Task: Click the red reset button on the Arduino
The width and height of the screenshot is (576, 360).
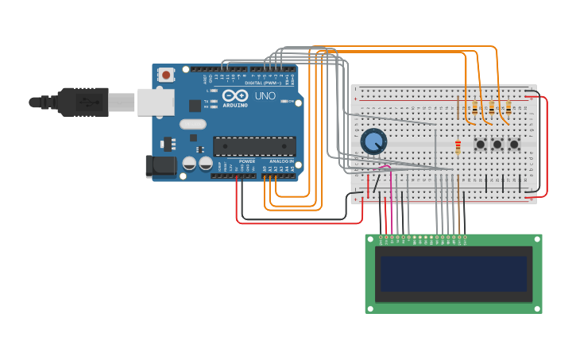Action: [x=166, y=75]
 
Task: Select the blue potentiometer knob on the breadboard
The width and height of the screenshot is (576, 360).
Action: [x=373, y=142]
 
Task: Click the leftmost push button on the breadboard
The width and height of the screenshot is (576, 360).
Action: [x=481, y=145]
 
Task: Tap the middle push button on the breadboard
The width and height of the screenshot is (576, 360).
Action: [x=497, y=145]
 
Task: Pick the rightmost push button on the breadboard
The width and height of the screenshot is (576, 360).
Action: [x=514, y=145]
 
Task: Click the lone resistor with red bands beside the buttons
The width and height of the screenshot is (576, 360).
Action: [x=458, y=146]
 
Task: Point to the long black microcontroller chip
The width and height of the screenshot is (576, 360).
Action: [x=253, y=146]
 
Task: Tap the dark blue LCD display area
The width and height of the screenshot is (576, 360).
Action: [x=454, y=273]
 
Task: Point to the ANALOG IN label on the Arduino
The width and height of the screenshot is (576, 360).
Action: [x=281, y=161]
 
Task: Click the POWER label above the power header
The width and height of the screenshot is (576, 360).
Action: [x=248, y=161]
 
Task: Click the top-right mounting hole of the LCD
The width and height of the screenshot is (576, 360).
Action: [x=536, y=239]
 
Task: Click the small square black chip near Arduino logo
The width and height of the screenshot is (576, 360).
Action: [x=195, y=105]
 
